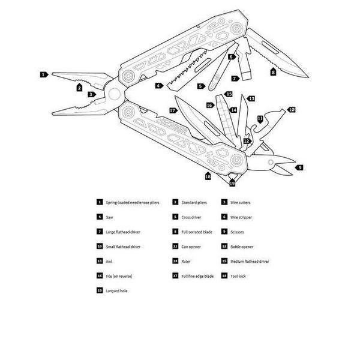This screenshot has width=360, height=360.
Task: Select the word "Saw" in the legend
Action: [x=108, y=217]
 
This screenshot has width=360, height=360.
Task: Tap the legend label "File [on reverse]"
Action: [x=118, y=275]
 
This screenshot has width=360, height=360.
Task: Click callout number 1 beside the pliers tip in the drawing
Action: [x=43, y=75]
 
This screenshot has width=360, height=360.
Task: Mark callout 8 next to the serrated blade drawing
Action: [x=273, y=72]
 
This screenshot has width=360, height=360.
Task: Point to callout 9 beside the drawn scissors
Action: [x=299, y=167]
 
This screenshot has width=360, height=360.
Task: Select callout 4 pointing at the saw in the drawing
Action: [x=158, y=85]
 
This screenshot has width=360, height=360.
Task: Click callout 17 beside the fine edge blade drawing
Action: [x=172, y=110]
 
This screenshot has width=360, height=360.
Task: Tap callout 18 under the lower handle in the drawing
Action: [x=208, y=177]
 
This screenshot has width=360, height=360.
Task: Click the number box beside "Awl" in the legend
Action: [x=99, y=261]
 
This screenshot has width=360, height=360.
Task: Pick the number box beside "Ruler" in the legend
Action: [x=175, y=261]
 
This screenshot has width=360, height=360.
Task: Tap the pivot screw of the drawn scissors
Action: [x=271, y=163]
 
